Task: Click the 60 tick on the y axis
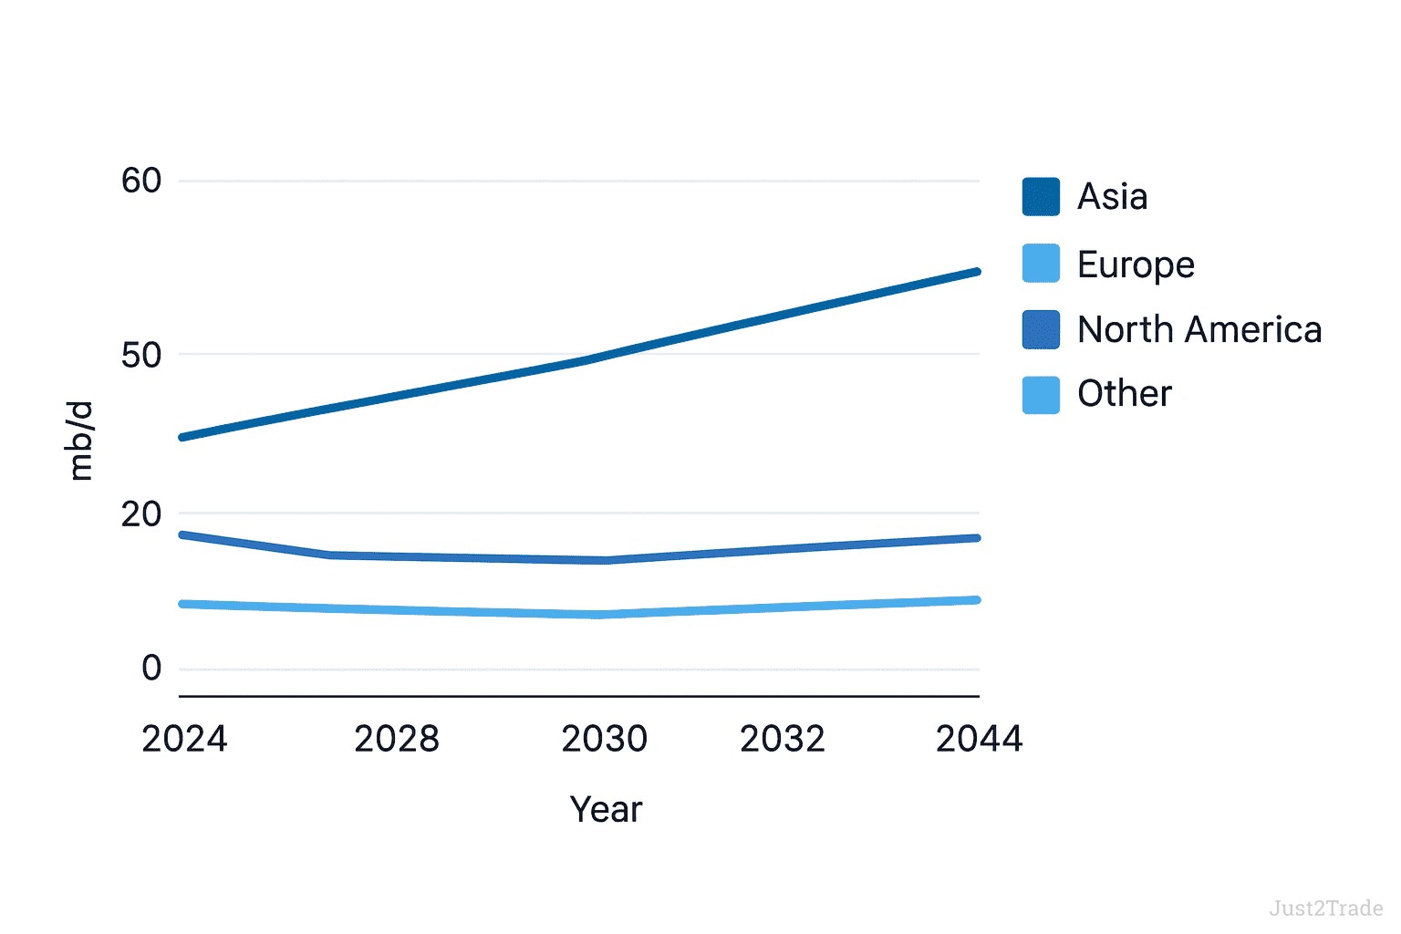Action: [x=141, y=181]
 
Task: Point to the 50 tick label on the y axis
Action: [x=141, y=355]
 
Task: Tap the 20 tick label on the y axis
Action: [x=141, y=514]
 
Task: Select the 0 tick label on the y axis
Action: [x=151, y=668]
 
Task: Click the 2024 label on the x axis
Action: [x=184, y=739]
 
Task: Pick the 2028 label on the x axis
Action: [x=397, y=739]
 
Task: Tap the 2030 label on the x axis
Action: [x=604, y=739]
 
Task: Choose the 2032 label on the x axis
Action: [x=782, y=739]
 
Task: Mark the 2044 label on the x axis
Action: [x=979, y=739]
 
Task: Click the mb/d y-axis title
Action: [x=81, y=440]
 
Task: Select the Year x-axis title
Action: [x=606, y=809]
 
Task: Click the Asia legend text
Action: [x=1112, y=197]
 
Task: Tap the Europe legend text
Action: [x=1136, y=265]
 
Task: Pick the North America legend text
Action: [x=1199, y=329]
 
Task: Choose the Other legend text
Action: [x=1125, y=394]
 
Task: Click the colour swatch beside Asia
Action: [x=1041, y=197]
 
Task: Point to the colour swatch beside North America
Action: [x=1041, y=329]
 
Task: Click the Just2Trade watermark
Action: [x=1325, y=908]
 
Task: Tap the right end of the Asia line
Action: [x=977, y=272]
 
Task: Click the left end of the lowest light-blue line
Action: [x=183, y=604]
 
